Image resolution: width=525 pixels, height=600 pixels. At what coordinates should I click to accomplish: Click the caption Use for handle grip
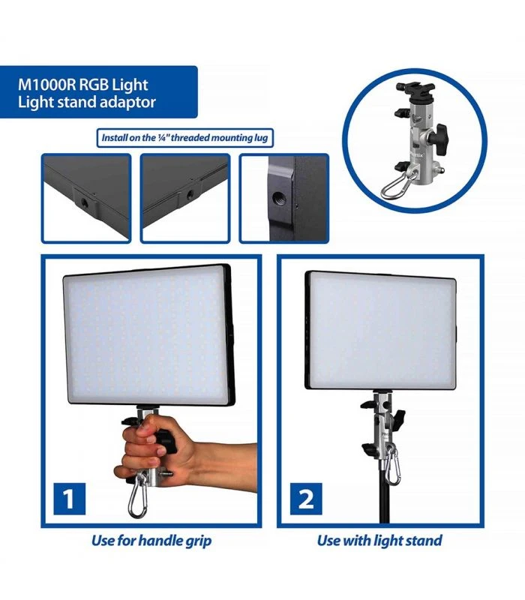click(151, 540)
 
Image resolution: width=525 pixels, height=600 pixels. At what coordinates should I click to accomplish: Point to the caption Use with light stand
click(379, 540)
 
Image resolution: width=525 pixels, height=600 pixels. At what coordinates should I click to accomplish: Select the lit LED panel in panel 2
click(380, 329)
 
